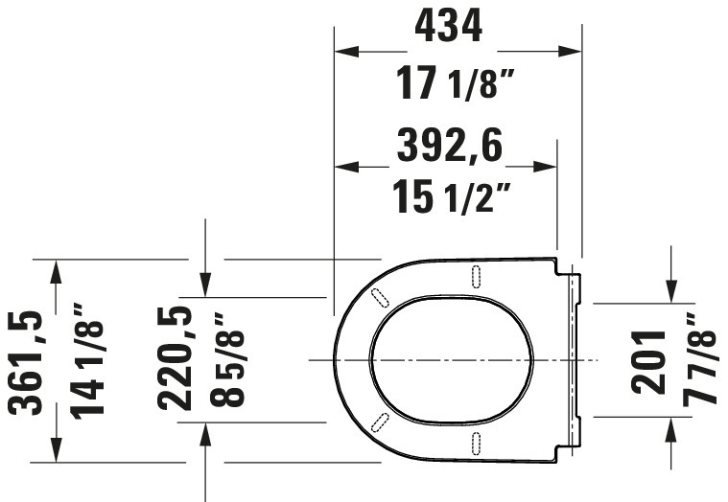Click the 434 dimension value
click(449, 27)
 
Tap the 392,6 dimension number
click(450, 145)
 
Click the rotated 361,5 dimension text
click(26, 362)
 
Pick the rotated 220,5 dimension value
click(175, 358)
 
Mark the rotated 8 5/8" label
click(226, 359)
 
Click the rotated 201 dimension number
click(648, 362)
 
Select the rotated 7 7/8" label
click(700, 359)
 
